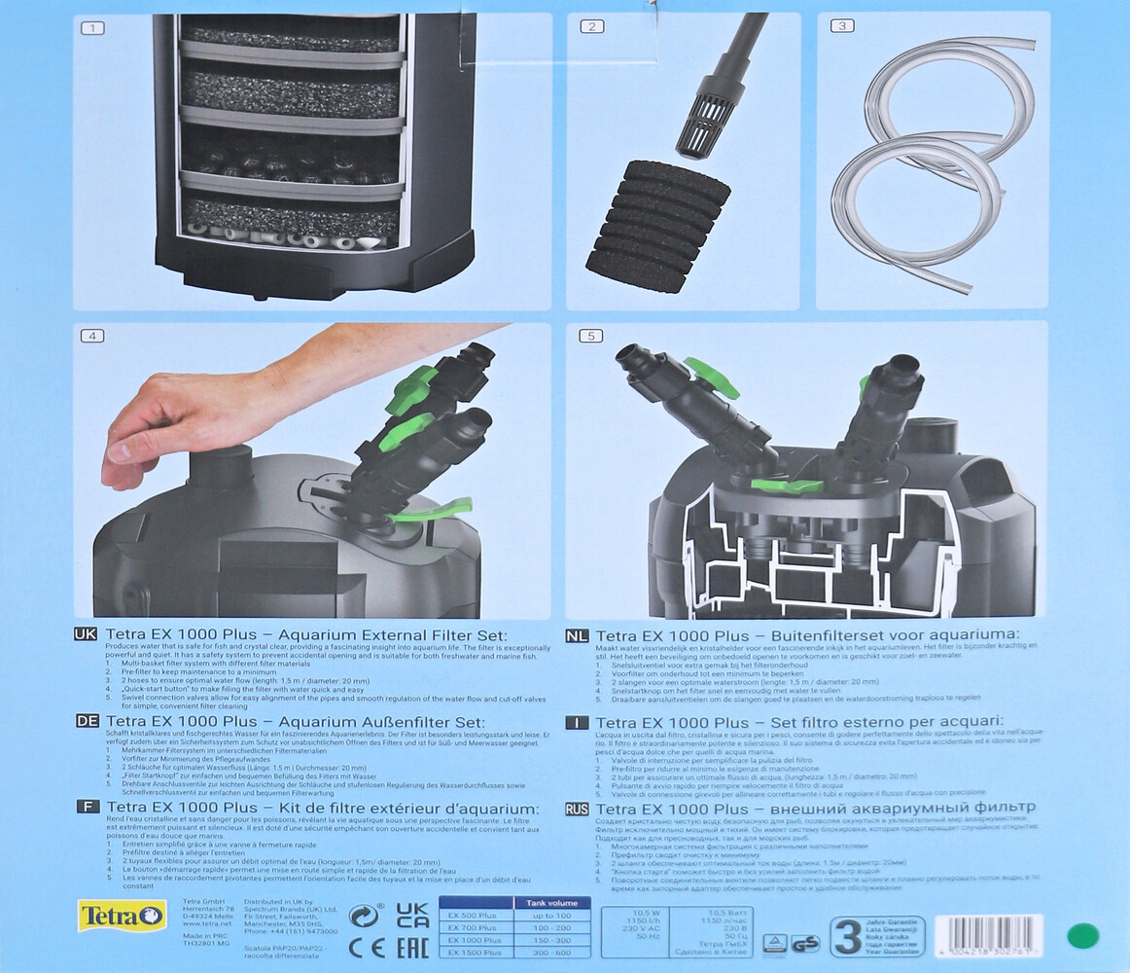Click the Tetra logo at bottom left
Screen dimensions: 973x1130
122,916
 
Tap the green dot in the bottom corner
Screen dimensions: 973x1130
1082,936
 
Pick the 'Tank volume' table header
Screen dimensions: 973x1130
551,902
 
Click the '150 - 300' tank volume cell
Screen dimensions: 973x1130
551,941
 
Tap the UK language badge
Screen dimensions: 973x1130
86,633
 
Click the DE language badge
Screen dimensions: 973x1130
86,721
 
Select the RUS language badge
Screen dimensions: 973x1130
577,808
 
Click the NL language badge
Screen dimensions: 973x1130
577,633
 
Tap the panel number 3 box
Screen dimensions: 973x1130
841,26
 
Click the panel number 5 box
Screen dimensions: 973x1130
591,336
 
